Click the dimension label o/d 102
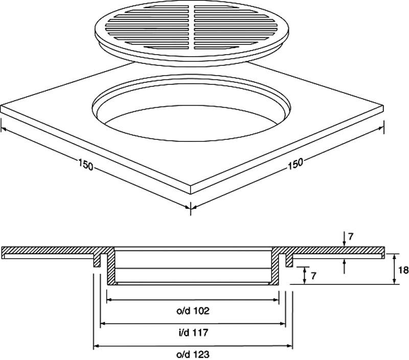(x=193, y=310)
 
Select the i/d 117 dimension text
(x=193, y=332)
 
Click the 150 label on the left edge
(x=86, y=165)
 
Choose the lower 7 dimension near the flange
(x=313, y=276)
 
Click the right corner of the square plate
(x=383, y=107)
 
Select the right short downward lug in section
(x=289, y=260)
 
